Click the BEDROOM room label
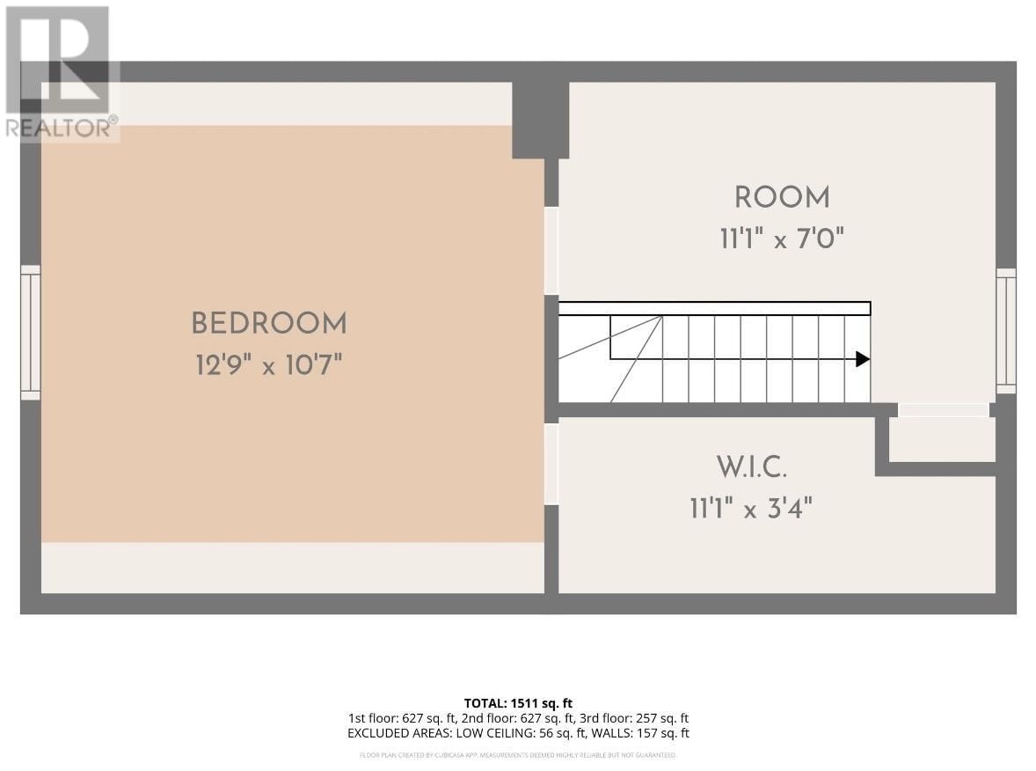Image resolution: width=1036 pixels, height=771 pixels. tap(269, 324)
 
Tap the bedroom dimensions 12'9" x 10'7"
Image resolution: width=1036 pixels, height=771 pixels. tap(268, 364)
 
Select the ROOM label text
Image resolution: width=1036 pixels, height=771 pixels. tap(782, 198)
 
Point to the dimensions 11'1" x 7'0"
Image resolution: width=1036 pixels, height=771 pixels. tap(782, 239)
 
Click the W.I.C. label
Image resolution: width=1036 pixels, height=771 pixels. tap(750, 467)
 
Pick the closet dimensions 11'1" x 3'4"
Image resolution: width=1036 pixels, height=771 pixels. tap(750, 508)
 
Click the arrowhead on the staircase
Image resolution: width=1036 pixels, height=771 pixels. tap(863, 359)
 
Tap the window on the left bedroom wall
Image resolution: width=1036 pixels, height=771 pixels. tap(31, 332)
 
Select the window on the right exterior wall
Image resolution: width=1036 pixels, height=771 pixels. tap(1005, 331)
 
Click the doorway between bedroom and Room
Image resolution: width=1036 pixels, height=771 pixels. tap(551, 250)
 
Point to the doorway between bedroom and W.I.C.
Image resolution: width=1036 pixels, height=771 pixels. tap(551, 464)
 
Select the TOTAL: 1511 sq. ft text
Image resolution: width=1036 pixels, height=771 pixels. tap(518, 703)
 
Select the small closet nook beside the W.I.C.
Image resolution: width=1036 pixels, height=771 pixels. tap(942, 438)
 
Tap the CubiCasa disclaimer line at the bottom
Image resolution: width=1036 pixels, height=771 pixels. tap(518, 755)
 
